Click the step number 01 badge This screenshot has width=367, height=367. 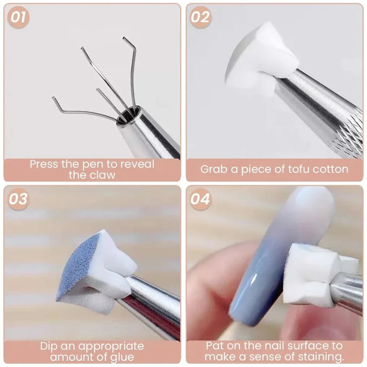click(18, 17)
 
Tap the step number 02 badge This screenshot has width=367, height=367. click(200, 17)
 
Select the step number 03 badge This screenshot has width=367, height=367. click(18, 199)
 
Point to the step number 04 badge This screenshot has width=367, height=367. click(200, 199)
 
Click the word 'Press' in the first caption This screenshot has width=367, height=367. click(44, 164)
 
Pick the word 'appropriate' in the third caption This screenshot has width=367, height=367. click(111, 346)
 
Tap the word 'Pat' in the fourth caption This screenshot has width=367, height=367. click(215, 346)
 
